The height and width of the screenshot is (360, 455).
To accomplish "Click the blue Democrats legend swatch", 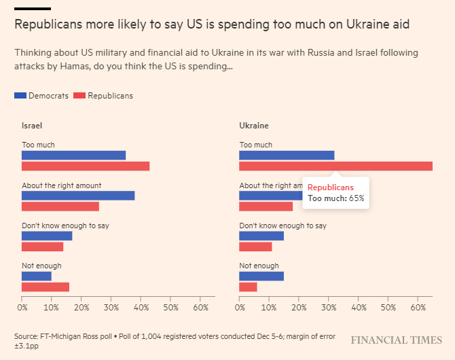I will coord(20,96).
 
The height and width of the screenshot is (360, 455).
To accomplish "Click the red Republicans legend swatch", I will coord(77,96).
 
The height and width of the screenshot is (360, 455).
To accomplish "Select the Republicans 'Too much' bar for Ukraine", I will coord(335,166).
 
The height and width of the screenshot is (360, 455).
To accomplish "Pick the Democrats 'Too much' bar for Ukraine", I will coord(287,155).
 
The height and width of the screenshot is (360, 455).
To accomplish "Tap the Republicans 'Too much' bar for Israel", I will coord(86,166).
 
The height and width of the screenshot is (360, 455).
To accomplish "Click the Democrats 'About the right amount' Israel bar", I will coord(78,196).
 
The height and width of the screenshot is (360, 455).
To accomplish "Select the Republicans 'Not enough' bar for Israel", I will coord(45,287).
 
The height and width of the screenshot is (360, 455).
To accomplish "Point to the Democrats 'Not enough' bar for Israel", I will coord(37,276).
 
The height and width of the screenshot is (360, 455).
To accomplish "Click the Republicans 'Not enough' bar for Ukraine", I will coord(248,287).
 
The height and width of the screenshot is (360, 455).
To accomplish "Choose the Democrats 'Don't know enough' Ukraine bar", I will coord(261,236).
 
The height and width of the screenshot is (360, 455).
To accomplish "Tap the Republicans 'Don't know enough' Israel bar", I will coord(42,247).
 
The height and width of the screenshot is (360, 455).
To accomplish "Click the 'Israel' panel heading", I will coord(32,126).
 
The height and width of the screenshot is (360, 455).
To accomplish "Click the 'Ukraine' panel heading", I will coord(254,126).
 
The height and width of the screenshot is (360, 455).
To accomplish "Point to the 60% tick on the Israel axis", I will coord(200,308).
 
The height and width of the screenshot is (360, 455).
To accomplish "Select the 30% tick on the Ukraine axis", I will coord(329,308).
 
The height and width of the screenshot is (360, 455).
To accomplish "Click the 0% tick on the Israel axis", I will coord(22,308).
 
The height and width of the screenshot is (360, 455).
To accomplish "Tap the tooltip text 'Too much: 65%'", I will coord(336,198).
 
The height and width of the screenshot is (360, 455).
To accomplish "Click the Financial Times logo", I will coord(397,340).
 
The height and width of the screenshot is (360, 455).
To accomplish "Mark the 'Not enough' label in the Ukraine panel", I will coord(259,266).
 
